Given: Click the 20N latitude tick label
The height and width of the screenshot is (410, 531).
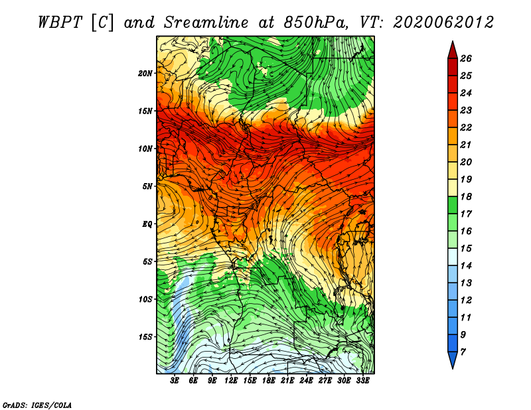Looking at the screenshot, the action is (145, 74).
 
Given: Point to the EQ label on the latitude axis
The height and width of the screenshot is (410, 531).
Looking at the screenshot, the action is (147, 224).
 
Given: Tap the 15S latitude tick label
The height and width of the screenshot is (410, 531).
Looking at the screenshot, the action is (145, 337).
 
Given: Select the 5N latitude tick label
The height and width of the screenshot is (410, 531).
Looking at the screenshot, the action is (147, 186).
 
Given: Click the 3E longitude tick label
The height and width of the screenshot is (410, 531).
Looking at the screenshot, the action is (175, 381).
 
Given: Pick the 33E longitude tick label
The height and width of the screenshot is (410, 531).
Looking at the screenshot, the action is (362, 381).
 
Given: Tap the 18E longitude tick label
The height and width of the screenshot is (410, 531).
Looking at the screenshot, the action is (269, 381).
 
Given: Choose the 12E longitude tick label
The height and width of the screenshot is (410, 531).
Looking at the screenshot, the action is (231, 381).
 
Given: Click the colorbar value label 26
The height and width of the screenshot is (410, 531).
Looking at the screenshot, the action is (466, 58).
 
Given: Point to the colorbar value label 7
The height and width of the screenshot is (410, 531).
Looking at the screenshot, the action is (463, 352).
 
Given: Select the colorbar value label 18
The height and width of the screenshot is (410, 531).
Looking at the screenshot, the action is (466, 196).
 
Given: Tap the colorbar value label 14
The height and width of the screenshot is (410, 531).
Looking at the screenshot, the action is (466, 266).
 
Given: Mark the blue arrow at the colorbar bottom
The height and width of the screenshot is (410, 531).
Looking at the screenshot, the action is (453, 360).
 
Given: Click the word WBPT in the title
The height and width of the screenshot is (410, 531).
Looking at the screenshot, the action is (60, 23).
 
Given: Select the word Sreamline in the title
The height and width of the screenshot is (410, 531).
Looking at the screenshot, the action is (206, 23).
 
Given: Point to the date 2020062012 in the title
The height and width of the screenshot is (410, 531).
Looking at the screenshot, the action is (443, 23).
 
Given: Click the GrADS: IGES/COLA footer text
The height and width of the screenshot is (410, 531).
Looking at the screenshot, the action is (37, 405).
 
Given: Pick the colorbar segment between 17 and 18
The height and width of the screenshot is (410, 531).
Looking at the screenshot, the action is (453, 205).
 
